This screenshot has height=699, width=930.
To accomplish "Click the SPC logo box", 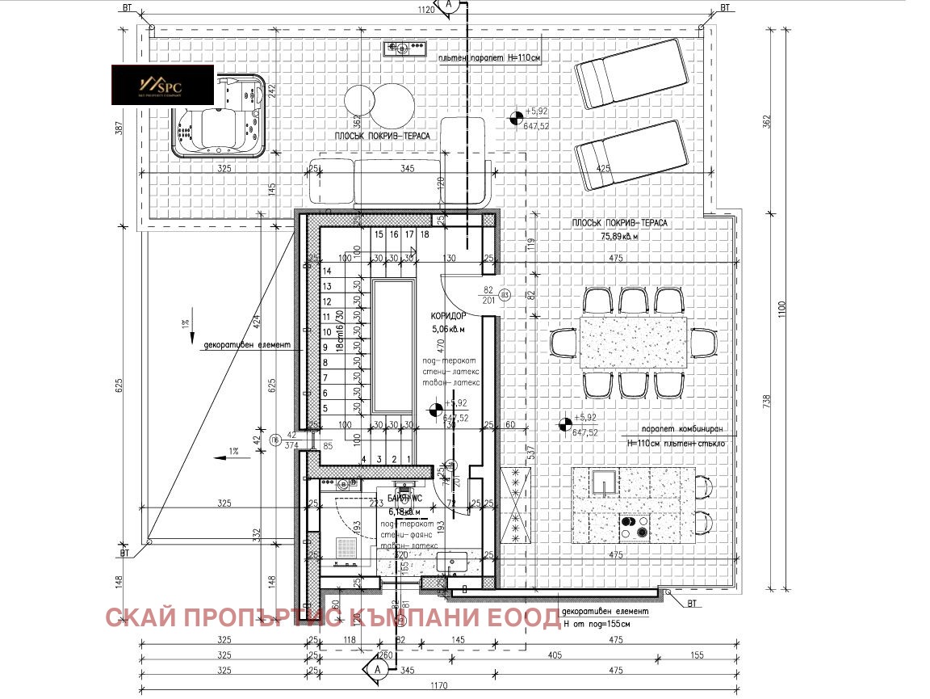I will [162, 86].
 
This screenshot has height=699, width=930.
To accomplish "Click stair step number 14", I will [328, 272].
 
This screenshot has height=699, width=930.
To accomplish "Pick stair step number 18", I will [425, 234].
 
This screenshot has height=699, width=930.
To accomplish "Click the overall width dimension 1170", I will [438, 685].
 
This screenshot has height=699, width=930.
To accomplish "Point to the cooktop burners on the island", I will [635, 528].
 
